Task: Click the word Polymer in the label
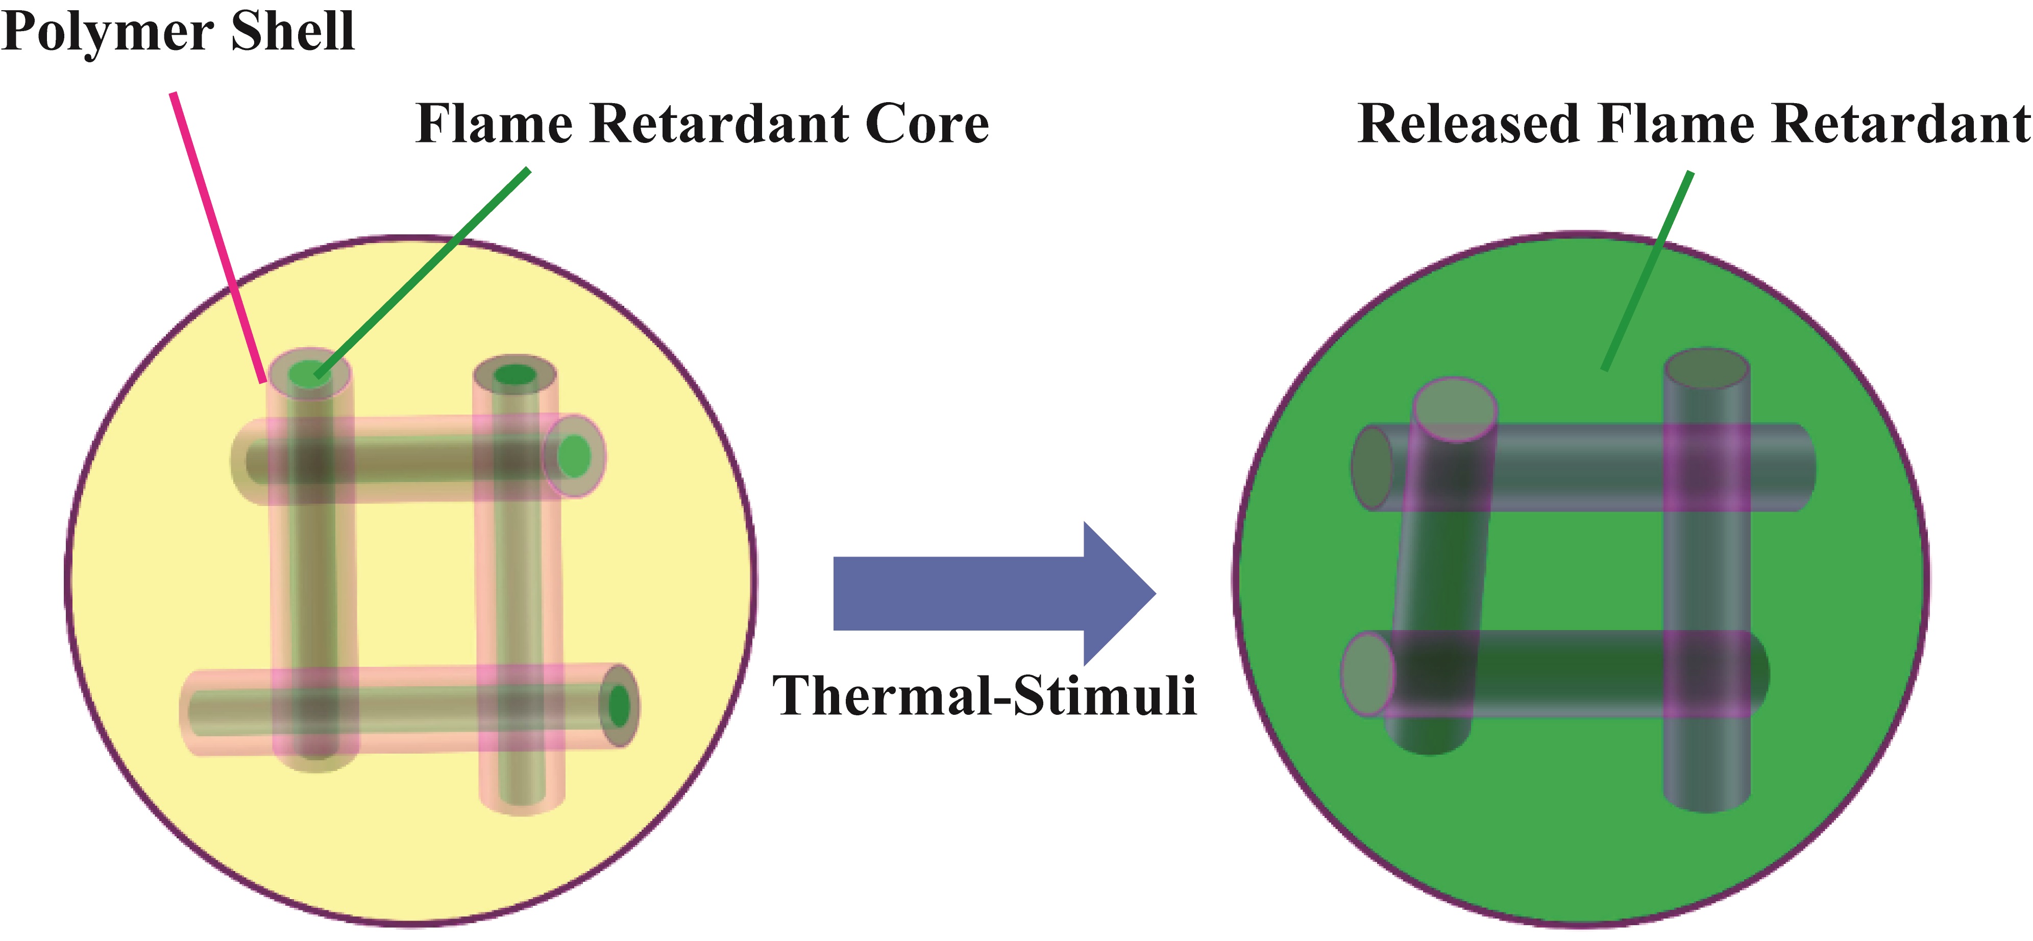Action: [x=107, y=33]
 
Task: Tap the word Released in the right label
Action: [x=1468, y=124]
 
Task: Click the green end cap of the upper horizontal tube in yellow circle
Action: [x=575, y=455]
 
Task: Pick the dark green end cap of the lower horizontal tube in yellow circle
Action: [x=620, y=705]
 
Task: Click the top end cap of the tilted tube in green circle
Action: [x=1455, y=411]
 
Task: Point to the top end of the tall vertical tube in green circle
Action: [x=1707, y=369]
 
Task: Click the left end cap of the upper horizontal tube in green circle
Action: [x=1373, y=467]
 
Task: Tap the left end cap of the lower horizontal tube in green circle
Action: [x=1368, y=674]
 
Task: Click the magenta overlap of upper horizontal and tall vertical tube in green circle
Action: [x=1707, y=467]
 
